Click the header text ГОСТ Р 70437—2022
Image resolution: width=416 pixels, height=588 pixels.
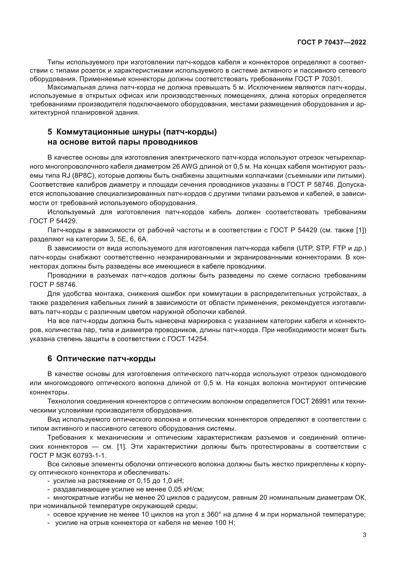[x=331, y=42]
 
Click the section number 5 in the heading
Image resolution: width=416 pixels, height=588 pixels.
[x=50, y=132]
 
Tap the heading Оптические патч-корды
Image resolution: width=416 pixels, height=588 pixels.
[x=106, y=359]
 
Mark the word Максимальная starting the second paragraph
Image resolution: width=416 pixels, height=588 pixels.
[x=71, y=87]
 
